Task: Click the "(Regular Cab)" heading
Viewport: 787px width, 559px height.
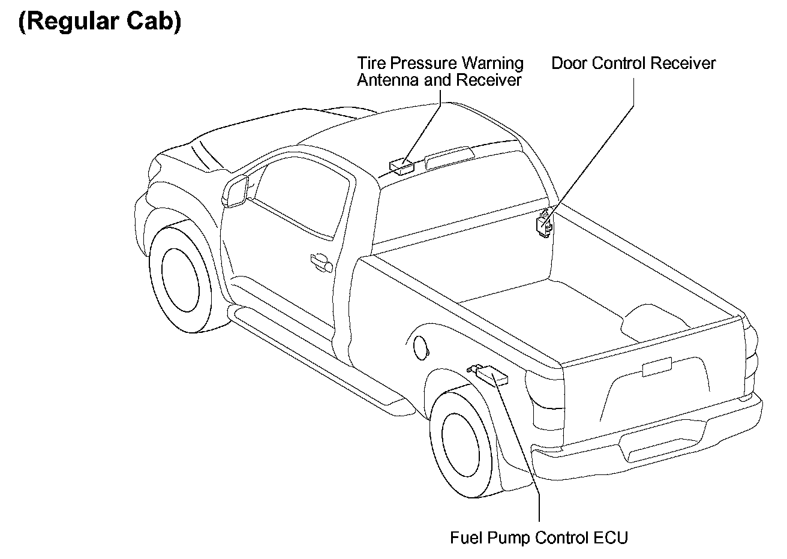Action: tap(100, 22)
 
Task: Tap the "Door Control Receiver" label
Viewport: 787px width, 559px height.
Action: tap(633, 64)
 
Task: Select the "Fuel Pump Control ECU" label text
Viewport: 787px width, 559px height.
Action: tap(539, 537)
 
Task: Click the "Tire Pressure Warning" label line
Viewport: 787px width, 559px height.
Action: tap(440, 64)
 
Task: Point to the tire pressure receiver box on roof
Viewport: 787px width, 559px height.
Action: tap(401, 165)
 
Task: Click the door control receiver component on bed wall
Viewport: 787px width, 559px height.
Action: tap(545, 223)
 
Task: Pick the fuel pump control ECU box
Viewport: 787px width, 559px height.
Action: tap(492, 375)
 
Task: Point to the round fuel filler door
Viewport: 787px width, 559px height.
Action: tap(421, 347)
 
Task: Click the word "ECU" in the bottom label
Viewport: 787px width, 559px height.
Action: tap(612, 537)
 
